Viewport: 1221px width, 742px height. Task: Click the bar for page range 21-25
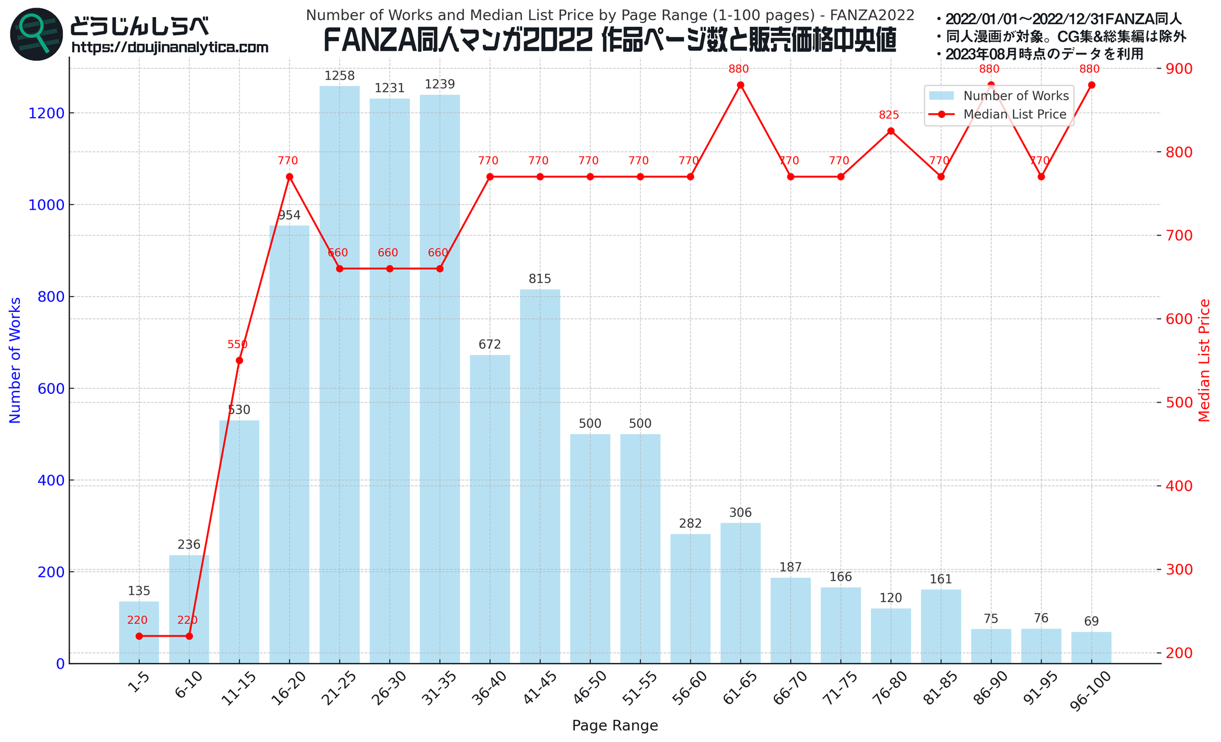(339, 375)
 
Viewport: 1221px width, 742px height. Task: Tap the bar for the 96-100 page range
(1091, 648)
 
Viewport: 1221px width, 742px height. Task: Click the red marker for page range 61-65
(740, 85)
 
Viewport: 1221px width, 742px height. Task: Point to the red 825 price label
(889, 115)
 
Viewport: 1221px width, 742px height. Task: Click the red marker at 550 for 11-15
(239, 360)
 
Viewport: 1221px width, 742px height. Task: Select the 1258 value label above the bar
(339, 76)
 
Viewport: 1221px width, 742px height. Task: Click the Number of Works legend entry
(1016, 96)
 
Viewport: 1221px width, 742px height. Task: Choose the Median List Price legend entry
(1015, 114)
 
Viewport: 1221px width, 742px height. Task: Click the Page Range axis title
(615, 726)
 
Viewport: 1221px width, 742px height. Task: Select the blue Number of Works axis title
(15, 360)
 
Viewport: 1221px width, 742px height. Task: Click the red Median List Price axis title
(1205, 360)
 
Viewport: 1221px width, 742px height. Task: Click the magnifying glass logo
(36, 34)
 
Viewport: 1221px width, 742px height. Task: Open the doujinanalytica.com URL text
(170, 47)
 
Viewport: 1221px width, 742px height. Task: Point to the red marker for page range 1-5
(139, 636)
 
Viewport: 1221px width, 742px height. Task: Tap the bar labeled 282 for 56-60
(690, 598)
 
